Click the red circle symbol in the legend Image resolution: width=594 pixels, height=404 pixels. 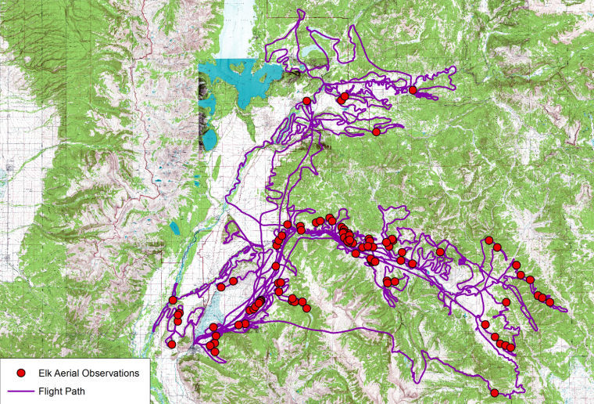[22, 373]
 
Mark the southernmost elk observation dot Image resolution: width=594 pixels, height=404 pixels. [495, 393]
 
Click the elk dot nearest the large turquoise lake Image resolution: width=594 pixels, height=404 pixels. [307, 101]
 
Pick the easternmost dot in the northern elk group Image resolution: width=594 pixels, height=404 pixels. [413, 91]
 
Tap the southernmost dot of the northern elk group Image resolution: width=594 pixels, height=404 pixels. [376, 132]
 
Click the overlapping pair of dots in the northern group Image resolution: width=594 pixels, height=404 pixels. [343, 98]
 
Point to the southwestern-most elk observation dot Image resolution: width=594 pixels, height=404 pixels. [171, 344]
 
